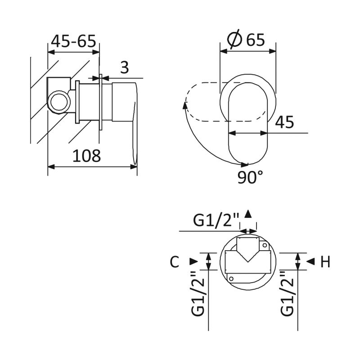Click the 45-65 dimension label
pos(73,41)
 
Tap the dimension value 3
pos(125,67)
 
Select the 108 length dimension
pos(86,156)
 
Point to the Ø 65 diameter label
pos(246,39)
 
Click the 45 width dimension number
pos(284,122)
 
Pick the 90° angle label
pos(250,177)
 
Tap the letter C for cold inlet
pos(175,261)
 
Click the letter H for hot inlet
pos(325,261)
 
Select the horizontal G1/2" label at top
pos(216,220)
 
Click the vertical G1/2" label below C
pos(198,294)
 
